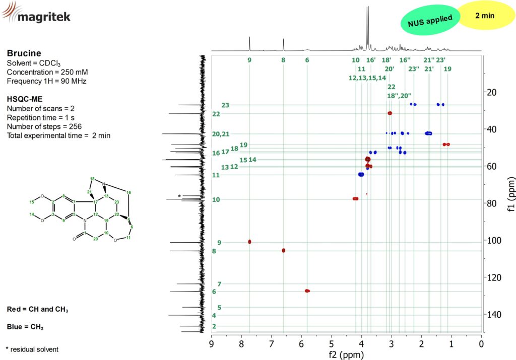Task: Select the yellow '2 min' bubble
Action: pyautogui.click(x=484, y=16)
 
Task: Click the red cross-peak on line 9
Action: pyautogui.click(x=249, y=242)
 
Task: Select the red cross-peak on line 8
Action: pyautogui.click(x=283, y=250)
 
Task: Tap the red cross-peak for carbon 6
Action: pyautogui.click(x=307, y=291)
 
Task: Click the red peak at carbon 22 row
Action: pyautogui.click(x=390, y=113)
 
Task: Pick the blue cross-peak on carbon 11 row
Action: pyautogui.click(x=361, y=174)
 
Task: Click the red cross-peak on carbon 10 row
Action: pyautogui.click(x=355, y=199)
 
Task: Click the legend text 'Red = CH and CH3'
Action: pyautogui.click(x=38, y=309)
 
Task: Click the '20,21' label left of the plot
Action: pyautogui.click(x=221, y=134)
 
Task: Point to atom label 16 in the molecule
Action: pyautogui.click(x=128, y=193)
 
